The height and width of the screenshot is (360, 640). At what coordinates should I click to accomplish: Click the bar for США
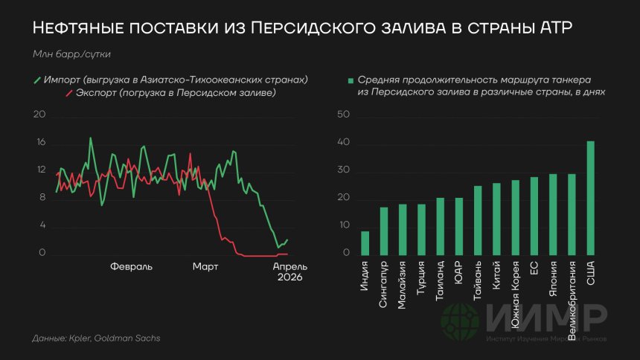point(590,198)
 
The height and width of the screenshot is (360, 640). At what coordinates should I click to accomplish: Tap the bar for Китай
point(496,219)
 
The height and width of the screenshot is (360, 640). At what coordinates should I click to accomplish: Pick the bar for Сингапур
point(384,231)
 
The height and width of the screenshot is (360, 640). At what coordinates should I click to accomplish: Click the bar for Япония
point(553,214)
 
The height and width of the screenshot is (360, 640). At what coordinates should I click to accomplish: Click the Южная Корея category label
point(515,295)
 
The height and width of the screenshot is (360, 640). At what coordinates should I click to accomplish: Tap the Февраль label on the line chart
point(131,266)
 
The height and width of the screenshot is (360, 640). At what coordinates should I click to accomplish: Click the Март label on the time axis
point(205,266)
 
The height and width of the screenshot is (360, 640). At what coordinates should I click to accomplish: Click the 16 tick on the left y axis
point(41,143)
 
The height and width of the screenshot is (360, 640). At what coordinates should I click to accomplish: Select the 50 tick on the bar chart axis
point(343,115)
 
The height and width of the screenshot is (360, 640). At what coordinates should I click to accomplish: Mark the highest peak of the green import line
point(91,138)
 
